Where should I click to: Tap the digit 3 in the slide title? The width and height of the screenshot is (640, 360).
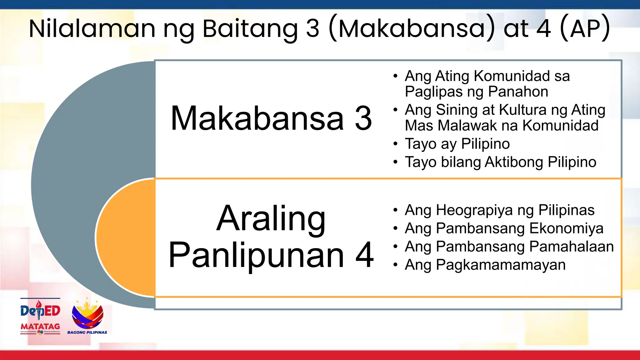click(312, 29)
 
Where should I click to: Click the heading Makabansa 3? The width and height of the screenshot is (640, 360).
click(271, 118)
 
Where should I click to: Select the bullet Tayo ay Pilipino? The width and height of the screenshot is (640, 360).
click(457, 144)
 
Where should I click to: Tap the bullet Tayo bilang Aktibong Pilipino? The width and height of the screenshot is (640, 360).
click(500, 162)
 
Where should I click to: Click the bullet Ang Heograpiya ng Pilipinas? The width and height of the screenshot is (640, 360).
click(499, 210)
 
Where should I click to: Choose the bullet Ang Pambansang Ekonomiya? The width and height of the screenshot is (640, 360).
click(504, 228)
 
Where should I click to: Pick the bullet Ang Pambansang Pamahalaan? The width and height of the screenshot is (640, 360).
click(509, 247)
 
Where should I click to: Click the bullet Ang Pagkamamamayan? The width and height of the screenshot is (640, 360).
click(485, 265)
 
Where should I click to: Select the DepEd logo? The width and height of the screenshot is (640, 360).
click(40, 310)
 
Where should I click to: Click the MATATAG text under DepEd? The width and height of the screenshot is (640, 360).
click(40, 326)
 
